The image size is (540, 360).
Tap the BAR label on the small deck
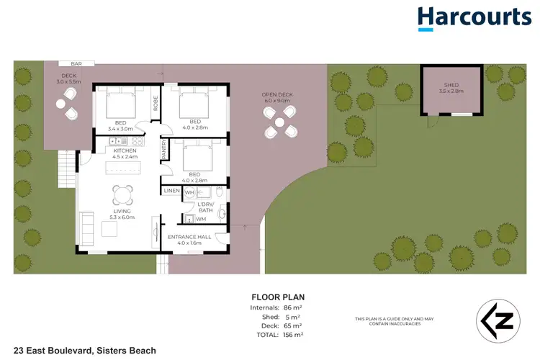click(76, 64)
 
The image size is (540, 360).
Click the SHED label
click(451, 87)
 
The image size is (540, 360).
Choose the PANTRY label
click(164, 148)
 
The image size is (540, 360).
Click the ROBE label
click(155, 104)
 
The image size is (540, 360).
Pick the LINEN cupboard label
click(171, 192)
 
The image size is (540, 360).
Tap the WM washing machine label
click(201, 218)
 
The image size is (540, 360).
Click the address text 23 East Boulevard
click(79, 351)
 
